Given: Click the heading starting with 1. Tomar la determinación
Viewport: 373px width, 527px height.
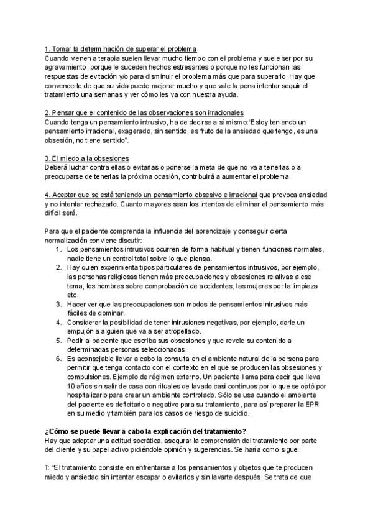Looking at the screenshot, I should (x=121, y=49).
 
